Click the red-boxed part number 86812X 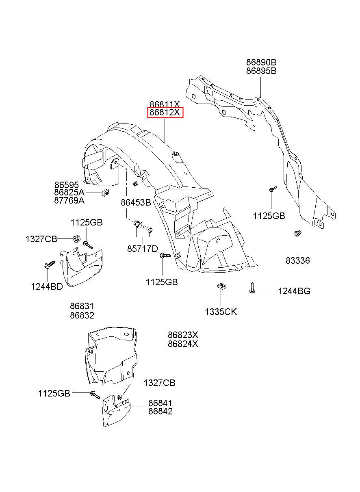coord(165,113)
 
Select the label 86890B coord(261,63)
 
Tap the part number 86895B coord(261,71)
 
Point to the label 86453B coord(136,202)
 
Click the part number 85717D coord(143,249)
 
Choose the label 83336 coord(297,260)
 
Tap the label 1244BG coord(294,291)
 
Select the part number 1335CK coord(221,312)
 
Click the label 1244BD coord(47,286)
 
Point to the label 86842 coord(160,411)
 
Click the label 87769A coord(69,200)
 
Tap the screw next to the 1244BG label coord(252,288)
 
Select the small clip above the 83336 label coord(297,233)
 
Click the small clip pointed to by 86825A coord(106,192)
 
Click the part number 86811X coord(165,104)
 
